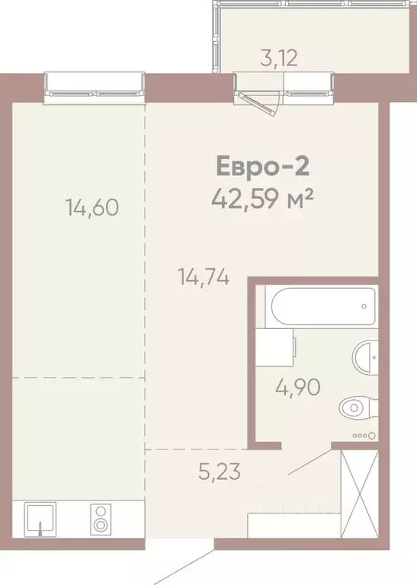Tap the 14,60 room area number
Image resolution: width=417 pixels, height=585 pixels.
pyautogui.click(x=92, y=206)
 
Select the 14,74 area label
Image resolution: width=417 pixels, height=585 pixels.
pyautogui.click(x=204, y=276)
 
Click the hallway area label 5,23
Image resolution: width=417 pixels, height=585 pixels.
pyautogui.click(x=220, y=472)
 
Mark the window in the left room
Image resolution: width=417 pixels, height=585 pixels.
pyautogui.click(x=95, y=86)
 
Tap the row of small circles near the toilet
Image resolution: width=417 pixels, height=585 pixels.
pyautogui.click(x=365, y=436)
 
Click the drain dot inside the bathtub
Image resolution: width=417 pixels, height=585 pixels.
pyautogui.click(x=364, y=306)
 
